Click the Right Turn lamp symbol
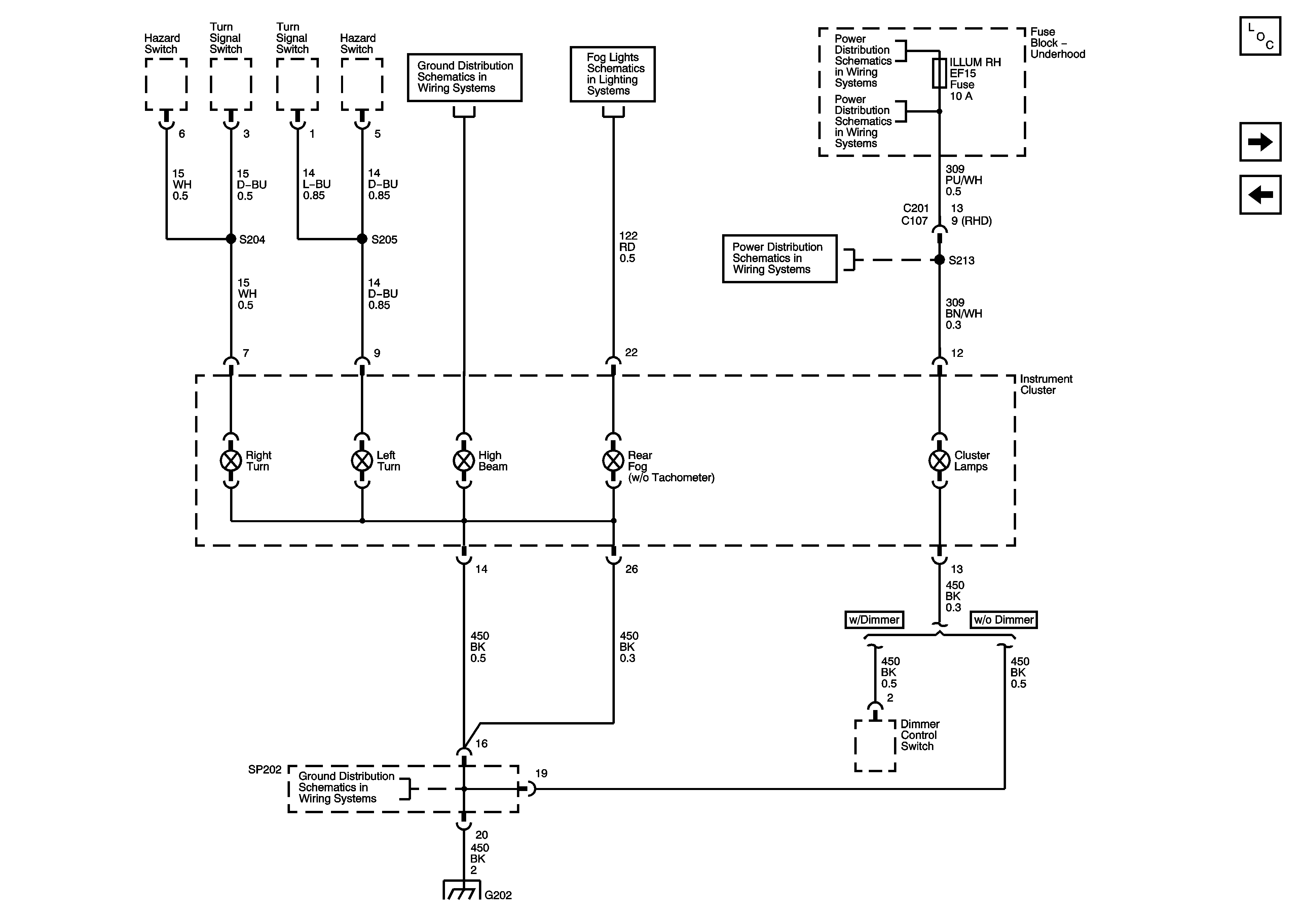[x=231, y=460]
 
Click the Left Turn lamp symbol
[x=362, y=460]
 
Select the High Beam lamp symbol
[x=464, y=460]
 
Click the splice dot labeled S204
[x=231, y=239]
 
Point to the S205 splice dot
[x=362, y=239]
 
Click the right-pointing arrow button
[x=1260, y=142]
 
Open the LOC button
[x=1260, y=36]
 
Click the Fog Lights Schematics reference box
[x=613, y=74]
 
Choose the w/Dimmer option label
[x=874, y=620]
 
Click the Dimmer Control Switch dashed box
[x=875, y=746]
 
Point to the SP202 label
[x=264, y=770]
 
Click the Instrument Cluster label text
[x=1046, y=384]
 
